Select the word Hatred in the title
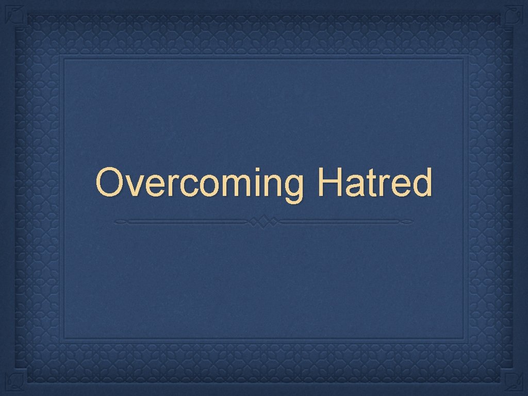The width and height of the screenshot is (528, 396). tap(374, 183)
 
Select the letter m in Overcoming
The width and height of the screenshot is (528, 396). tap(225, 186)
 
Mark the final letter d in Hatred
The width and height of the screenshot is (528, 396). tap(420, 184)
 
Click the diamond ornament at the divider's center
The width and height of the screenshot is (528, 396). tap(263, 222)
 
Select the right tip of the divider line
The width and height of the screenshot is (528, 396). tap(411, 222)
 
